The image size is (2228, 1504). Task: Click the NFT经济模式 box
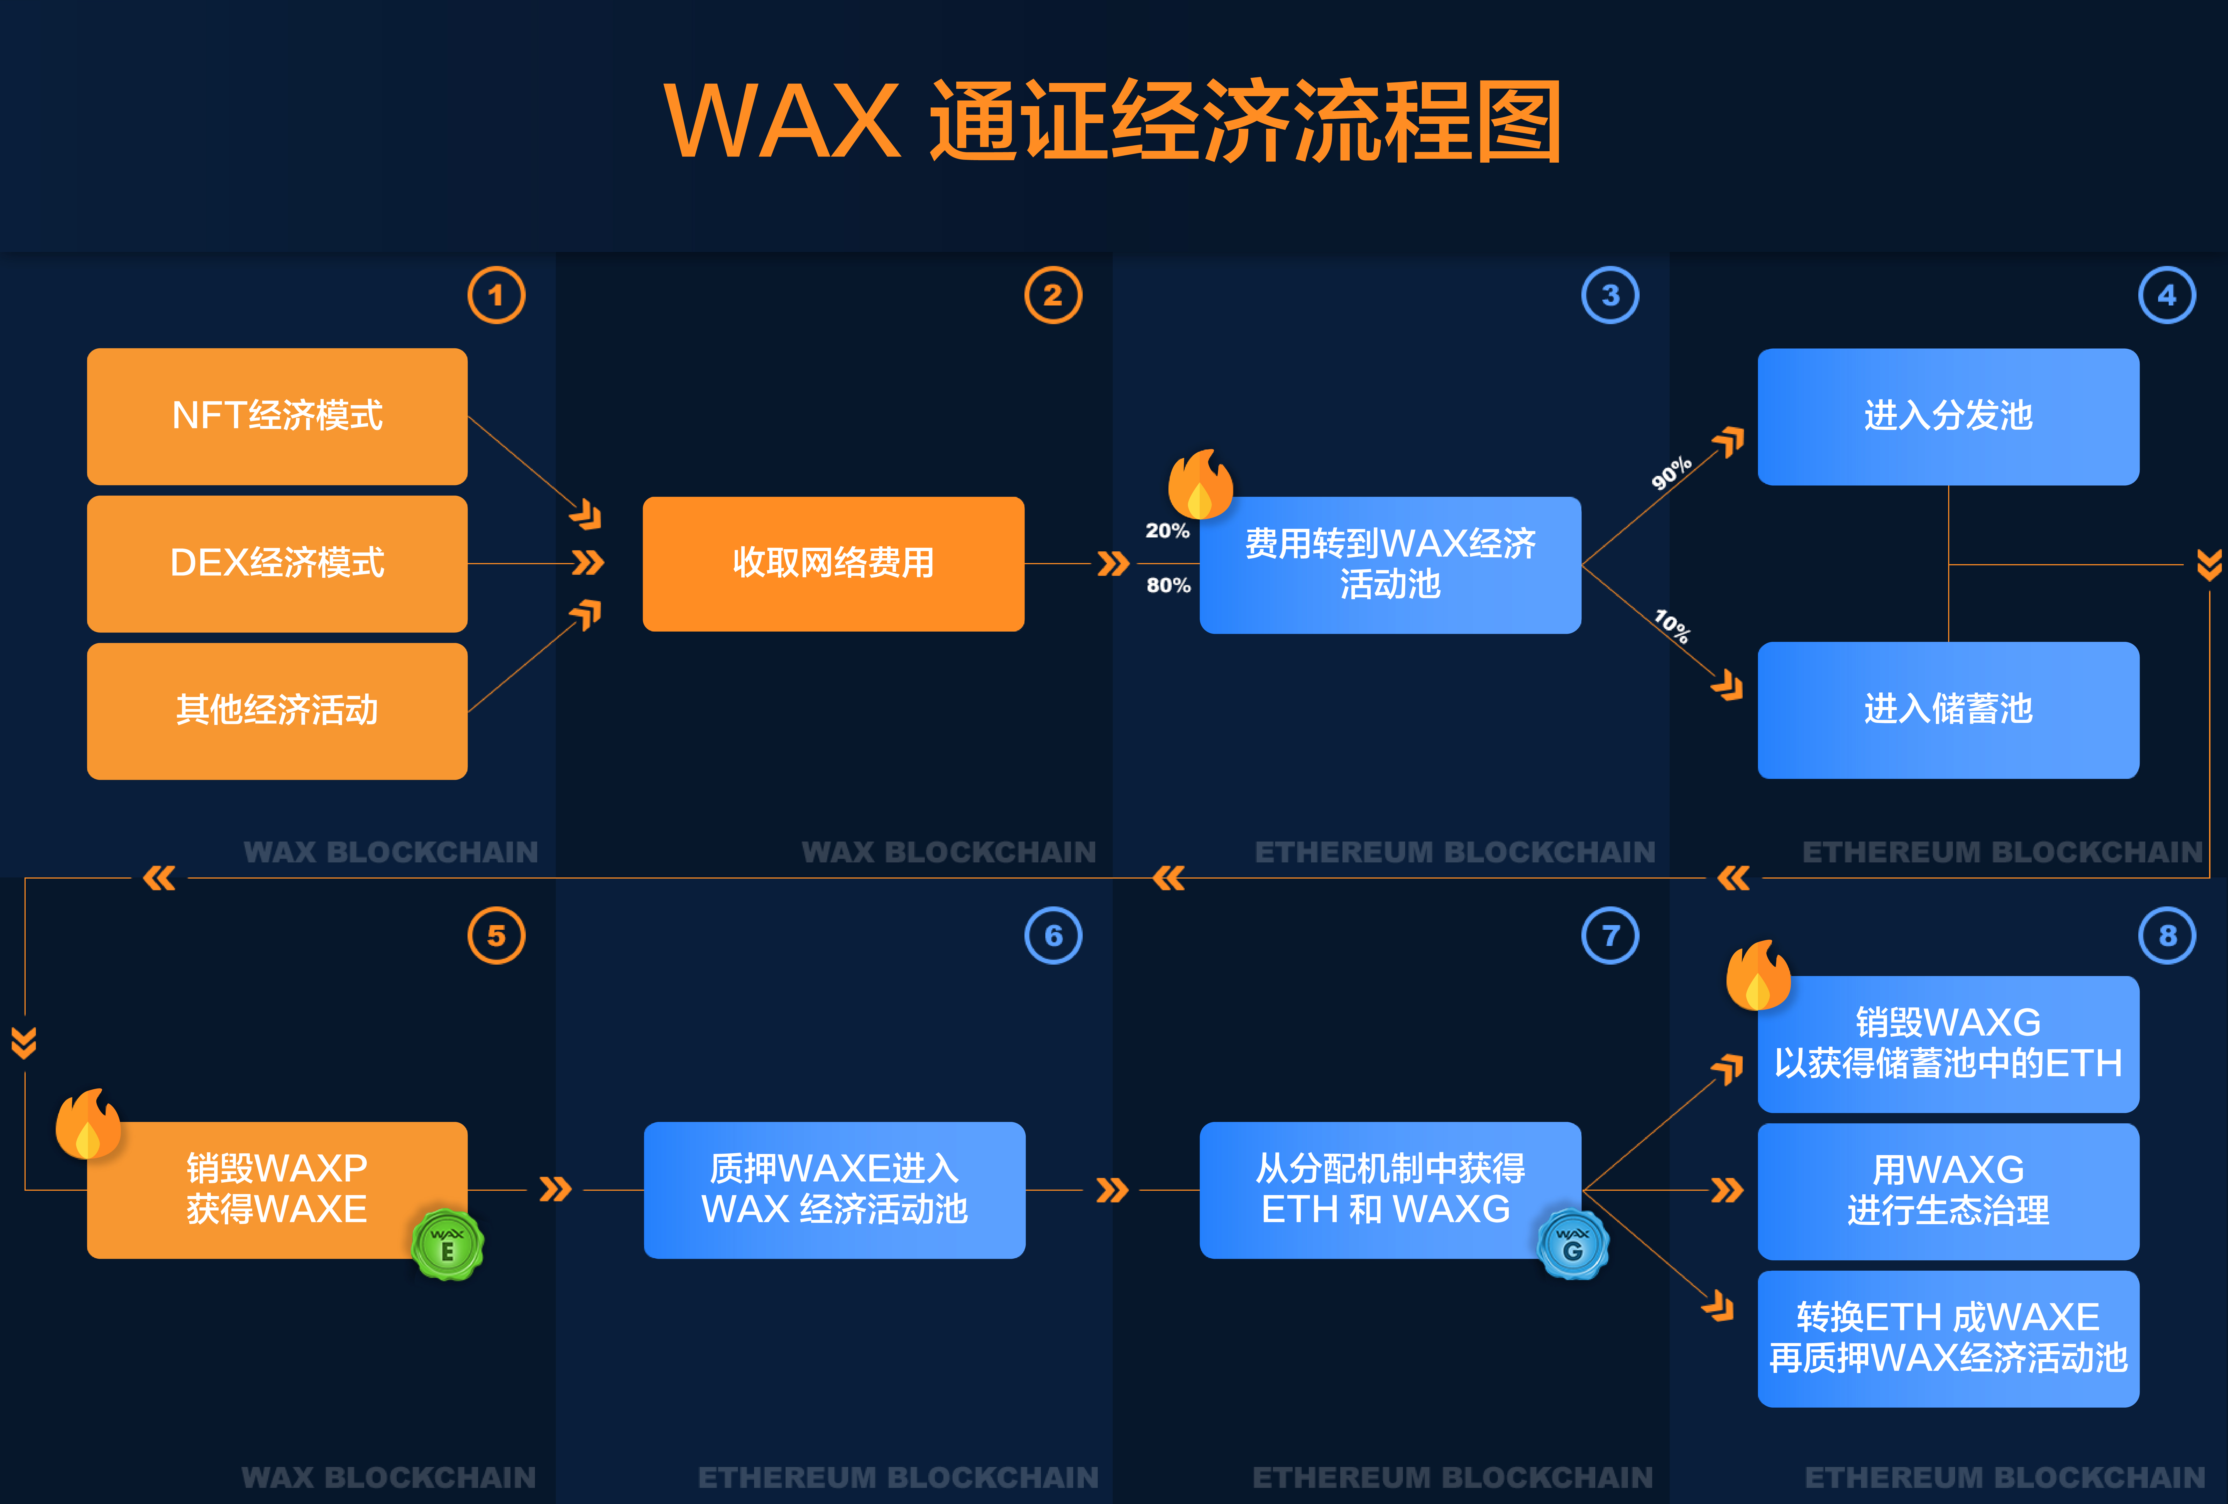[277, 416]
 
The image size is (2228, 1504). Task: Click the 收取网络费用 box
[833, 564]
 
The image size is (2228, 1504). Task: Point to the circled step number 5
[497, 936]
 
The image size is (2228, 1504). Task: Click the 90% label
[1671, 473]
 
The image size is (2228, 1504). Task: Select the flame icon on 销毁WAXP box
[88, 1123]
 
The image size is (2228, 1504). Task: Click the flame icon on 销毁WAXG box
[1758, 975]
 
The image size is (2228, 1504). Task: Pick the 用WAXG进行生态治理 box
[1948, 1192]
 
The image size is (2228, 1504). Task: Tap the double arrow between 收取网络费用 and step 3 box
[1113, 564]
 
